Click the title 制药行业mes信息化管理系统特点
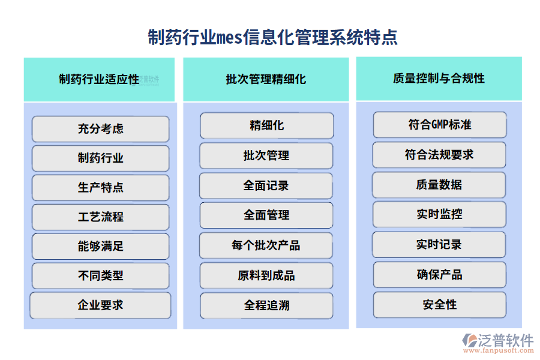coord(272,37)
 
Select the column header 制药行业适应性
coord(99,79)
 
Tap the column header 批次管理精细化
coord(266,79)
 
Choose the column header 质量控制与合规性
coord(439,78)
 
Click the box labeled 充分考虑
coord(100,128)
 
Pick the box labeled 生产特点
coord(100,187)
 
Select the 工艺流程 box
coord(100,217)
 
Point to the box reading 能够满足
coord(100,246)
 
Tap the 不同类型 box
coord(100,275)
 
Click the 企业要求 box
coord(100,305)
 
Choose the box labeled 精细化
coord(266,125)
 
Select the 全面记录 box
coord(266,185)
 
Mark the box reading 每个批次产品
coord(266,245)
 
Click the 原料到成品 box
coord(266,275)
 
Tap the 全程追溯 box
coord(266,305)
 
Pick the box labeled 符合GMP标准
coord(439,125)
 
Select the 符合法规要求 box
coord(439,155)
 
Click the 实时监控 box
coord(439,214)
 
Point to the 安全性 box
coord(439,304)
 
